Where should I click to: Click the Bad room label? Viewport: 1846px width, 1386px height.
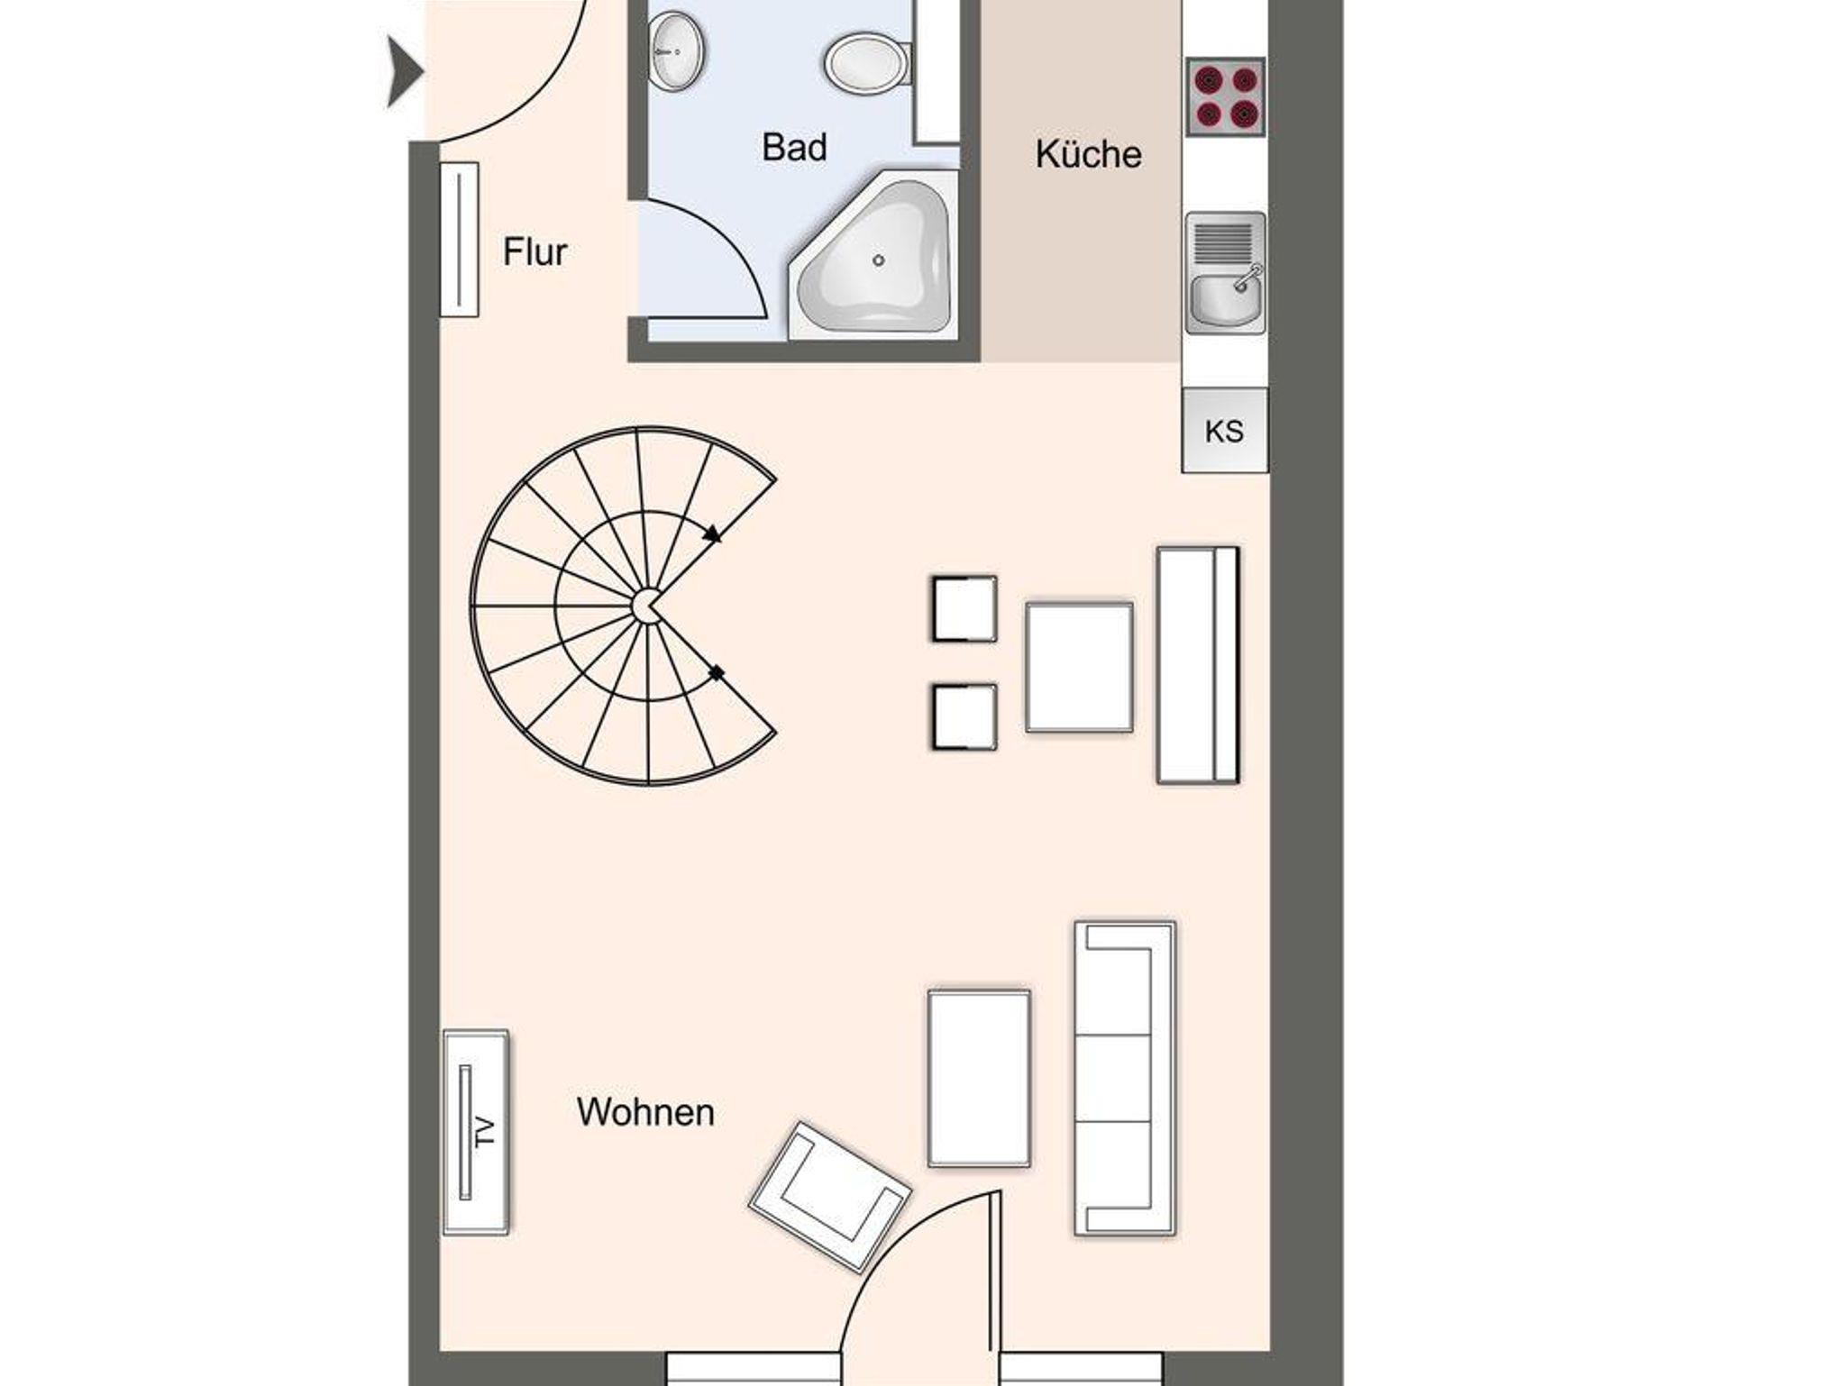(794, 147)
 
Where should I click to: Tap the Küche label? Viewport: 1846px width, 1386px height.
(1088, 154)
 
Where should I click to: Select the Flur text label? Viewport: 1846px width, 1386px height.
(535, 252)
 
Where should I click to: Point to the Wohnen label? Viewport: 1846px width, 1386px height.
(645, 1112)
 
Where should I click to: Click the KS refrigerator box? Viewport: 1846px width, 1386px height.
(1224, 431)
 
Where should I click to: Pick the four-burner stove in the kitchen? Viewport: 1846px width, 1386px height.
(1225, 97)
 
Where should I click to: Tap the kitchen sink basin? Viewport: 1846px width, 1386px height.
(1225, 300)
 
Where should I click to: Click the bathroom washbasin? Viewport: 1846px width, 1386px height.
(676, 50)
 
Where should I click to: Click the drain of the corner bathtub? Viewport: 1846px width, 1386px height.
(878, 260)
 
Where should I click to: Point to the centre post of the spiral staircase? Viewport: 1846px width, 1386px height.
(645, 606)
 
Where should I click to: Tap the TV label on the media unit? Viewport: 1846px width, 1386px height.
(486, 1132)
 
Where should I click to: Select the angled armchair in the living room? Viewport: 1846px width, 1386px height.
(830, 1196)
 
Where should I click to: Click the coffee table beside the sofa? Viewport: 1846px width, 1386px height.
(979, 1079)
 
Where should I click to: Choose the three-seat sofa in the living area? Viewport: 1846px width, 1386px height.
(1125, 1078)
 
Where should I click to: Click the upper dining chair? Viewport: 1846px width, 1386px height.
(964, 608)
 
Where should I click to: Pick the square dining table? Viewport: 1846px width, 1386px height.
(1079, 666)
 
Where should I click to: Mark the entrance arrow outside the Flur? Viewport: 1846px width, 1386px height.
(405, 72)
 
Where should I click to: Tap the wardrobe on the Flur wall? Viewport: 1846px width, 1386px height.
(459, 239)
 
